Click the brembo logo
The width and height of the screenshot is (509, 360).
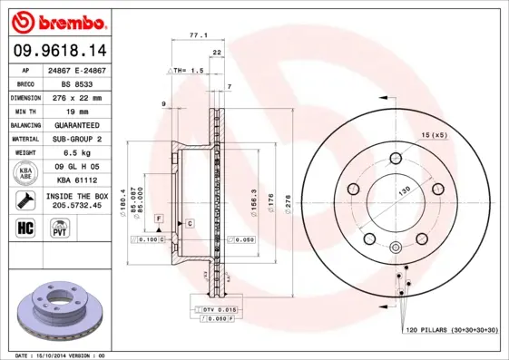coord(56,20)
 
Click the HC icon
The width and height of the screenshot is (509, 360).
coord(25,227)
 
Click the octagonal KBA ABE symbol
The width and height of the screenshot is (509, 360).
coord(25,174)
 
